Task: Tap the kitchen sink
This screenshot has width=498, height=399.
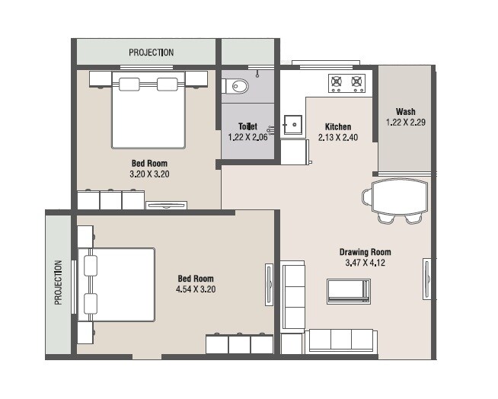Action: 292,125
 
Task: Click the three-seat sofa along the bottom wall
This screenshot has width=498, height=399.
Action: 341,340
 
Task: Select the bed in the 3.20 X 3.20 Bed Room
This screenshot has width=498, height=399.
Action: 149,110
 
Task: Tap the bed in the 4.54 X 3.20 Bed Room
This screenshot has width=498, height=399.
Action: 117,283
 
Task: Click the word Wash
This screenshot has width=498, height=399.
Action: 405,110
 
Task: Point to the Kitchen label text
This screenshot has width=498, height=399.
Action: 338,126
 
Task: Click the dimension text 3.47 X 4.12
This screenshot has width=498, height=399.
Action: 365,263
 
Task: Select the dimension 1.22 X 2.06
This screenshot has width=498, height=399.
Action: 247,137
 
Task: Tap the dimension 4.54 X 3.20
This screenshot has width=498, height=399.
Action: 196,289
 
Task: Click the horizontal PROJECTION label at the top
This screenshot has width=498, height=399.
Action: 151,53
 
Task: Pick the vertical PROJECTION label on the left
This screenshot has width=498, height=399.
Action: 58,282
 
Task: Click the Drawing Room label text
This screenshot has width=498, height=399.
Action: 365,252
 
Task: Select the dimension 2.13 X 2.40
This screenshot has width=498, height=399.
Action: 338,138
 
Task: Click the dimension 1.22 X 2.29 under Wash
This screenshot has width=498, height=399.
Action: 405,122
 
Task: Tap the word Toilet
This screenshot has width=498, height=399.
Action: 247,126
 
